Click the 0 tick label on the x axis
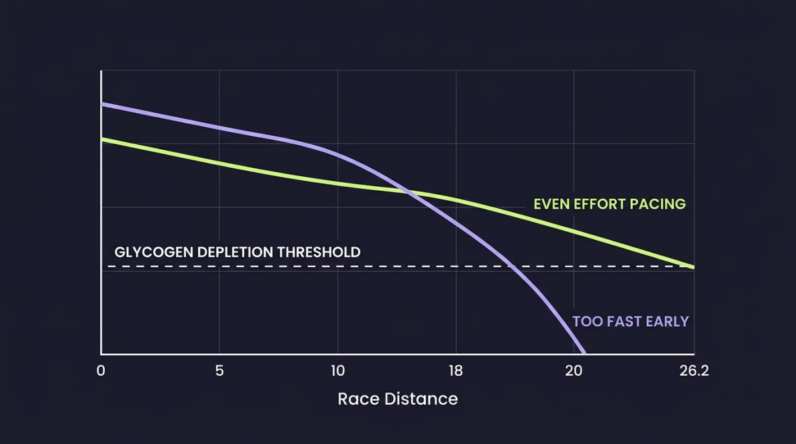tap(101, 371)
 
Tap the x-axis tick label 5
tap(220, 371)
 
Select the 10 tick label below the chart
tap(338, 371)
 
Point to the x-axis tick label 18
tap(456, 371)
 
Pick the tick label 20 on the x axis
tap(574, 371)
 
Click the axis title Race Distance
tap(397, 399)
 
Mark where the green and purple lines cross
tap(407, 192)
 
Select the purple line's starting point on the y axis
tap(101, 104)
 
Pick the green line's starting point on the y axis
tap(101, 139)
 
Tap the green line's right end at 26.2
tap(693, 267)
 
